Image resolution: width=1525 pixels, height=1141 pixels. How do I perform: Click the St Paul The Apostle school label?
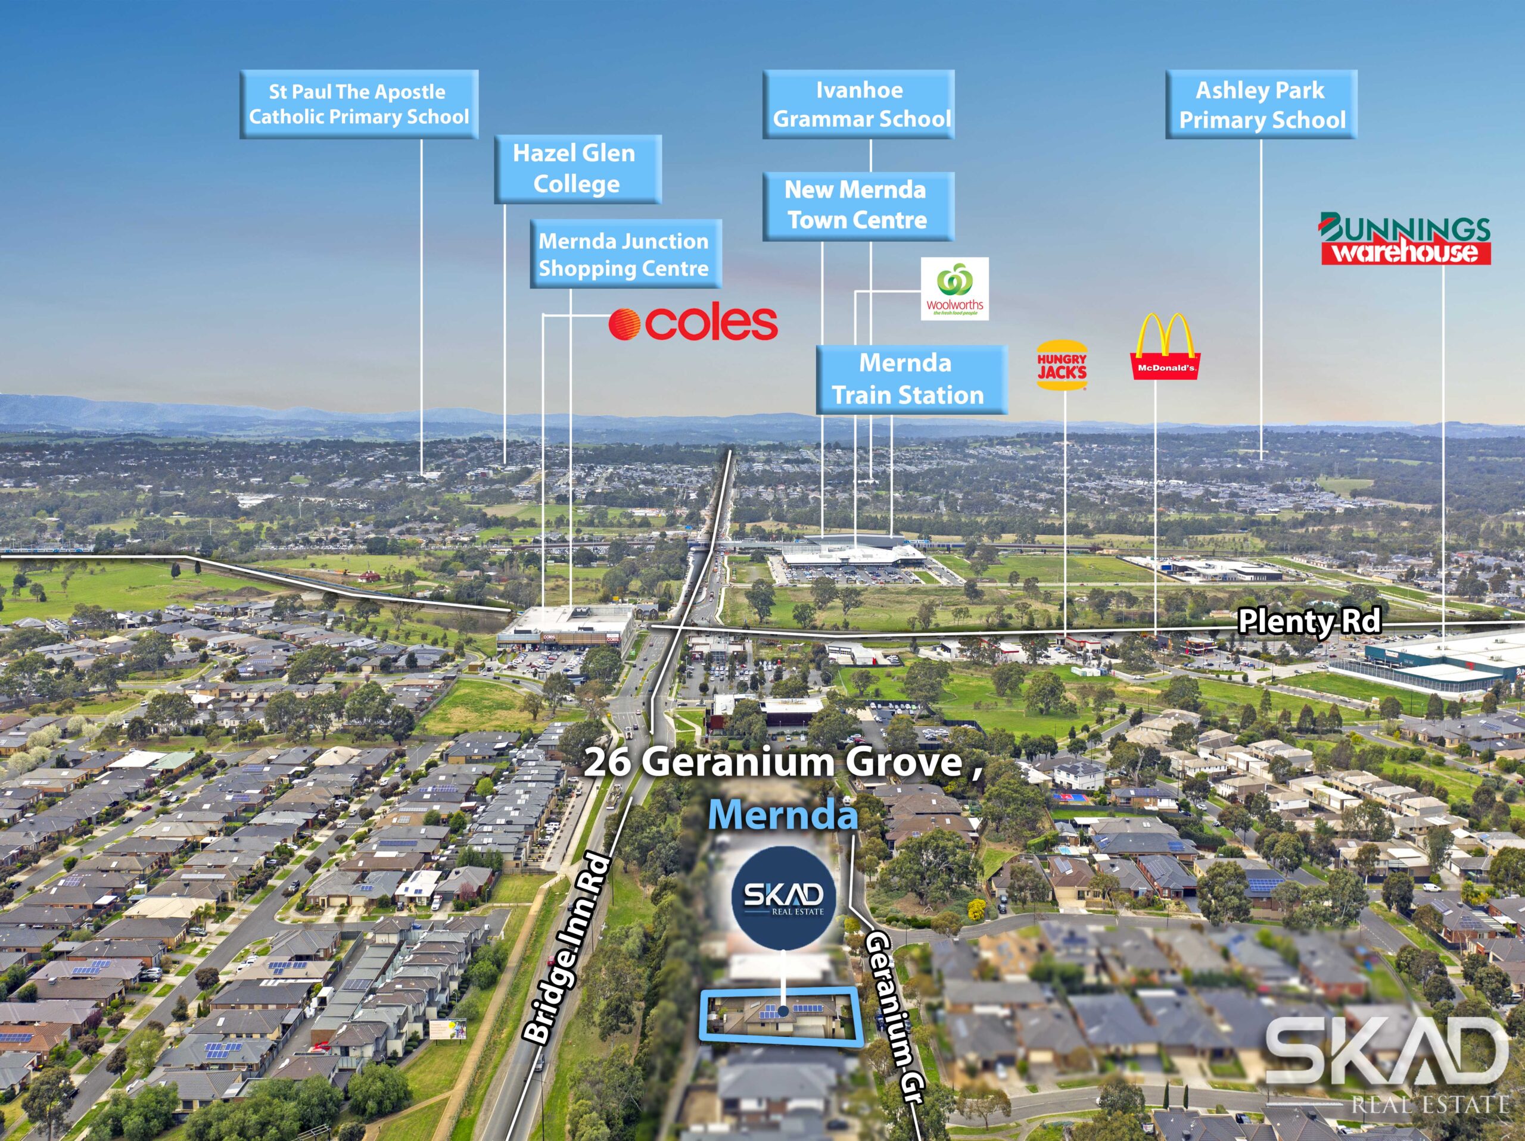pyautogui.click(x=359, y=104)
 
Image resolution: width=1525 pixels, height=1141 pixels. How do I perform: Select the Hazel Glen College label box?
pyautogui.click(x=577, y=169)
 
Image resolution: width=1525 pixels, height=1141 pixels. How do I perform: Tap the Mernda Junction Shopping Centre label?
pyautogui.click(x=625, y=254)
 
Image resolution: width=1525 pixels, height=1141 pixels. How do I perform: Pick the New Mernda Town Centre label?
pyautogui.click(x=858, y=205)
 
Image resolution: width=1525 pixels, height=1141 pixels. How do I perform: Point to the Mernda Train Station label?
pyautogui.click(x=911, y=379)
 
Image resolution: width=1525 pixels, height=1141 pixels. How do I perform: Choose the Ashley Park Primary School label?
pyautogui.click(x=1261, y=104)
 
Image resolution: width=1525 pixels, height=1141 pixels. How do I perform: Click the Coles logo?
pyautogui.click(x=693, y=323)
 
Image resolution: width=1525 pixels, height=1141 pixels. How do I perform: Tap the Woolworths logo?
pyautogui.click(x=954, y=289)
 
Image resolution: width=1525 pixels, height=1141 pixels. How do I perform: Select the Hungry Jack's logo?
pyautogui.click(x=1062, y=366)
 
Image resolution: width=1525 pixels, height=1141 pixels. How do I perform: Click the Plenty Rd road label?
pyautogui.click(x=1309, y=621)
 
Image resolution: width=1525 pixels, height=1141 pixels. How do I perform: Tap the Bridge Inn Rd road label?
pyautogui.click(x=568, y=948)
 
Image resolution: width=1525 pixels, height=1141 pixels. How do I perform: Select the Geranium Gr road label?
pyautogui.click(x=894, y=1015)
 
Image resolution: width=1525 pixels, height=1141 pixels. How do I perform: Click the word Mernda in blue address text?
pyautogui.click(x=783, y=814)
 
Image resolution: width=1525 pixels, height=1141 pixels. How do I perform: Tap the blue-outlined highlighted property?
pyautogui.click(x=783, y=1014)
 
